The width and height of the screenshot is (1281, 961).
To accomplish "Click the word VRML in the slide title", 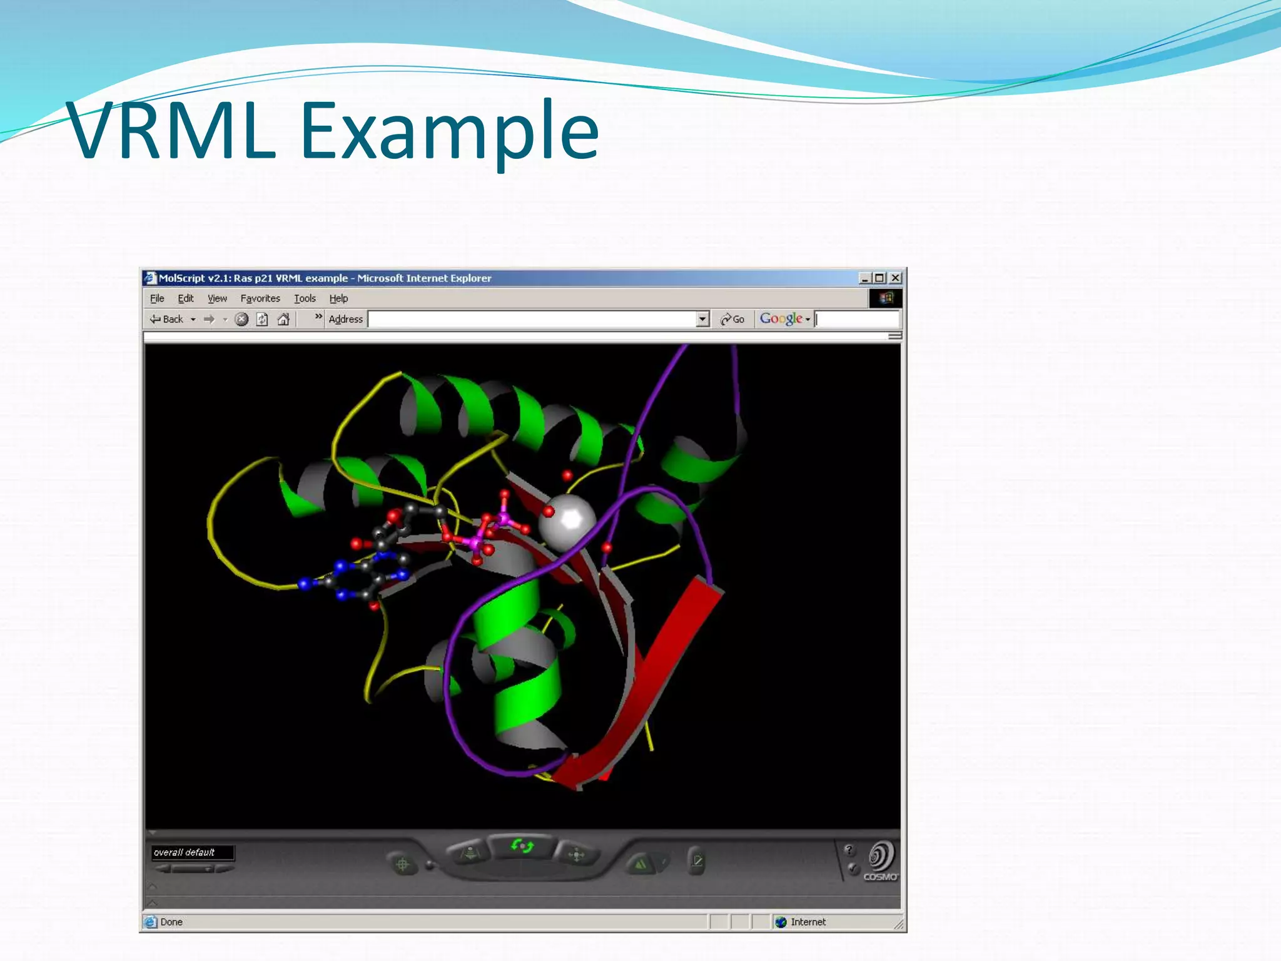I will [x=171, y=131].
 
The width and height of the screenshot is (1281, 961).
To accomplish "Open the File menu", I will [x=157, y=298].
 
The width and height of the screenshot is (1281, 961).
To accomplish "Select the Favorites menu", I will [x=260, y=298].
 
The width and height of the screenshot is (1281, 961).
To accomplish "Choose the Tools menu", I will [x=305, y=298].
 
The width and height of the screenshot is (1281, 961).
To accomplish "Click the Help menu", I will [x=338, y=298].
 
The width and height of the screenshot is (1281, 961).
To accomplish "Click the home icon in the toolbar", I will [x=283, y=319].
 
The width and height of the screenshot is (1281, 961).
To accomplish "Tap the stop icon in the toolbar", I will [x=241, y=319].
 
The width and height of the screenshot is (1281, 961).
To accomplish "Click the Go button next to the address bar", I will [x=732, y=319].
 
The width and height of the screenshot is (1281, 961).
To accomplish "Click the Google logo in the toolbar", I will [x=781, y=318].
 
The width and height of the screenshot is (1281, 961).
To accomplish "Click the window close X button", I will [x=896, y=278].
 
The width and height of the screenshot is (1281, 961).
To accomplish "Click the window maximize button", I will [x=880, y=278].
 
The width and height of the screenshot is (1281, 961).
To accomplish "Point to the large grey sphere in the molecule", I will [x=568, y=522].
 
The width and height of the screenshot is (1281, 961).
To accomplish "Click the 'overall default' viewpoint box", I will [x=193, y=852].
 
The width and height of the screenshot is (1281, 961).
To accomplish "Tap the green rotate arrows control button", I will [x=522, y=846].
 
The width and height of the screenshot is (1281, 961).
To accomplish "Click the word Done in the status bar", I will [x=171, y=922].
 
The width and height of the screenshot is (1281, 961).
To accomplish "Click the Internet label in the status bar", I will [x=808, y=922].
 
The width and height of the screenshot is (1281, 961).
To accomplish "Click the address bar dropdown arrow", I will [x=702, y=319].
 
